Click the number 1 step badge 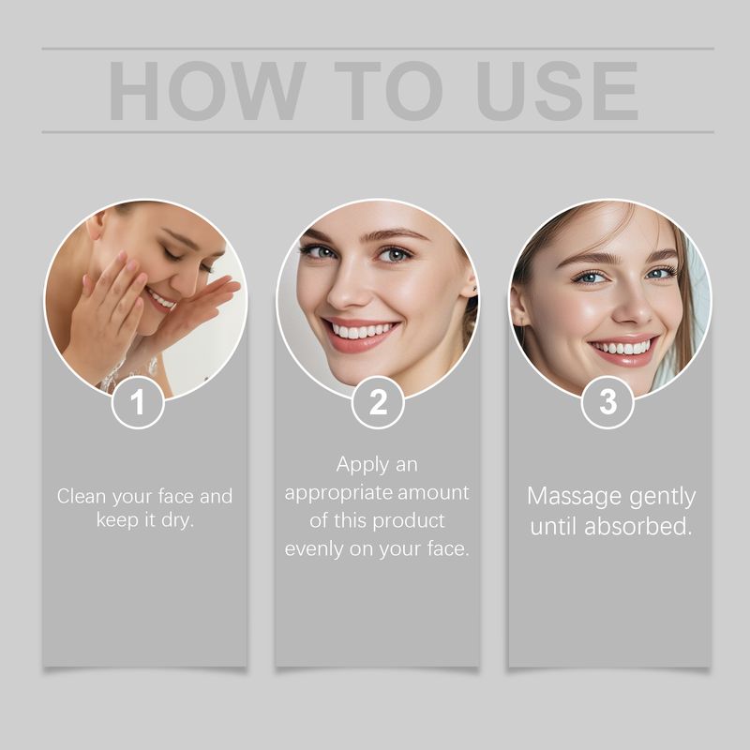point(139,403)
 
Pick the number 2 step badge point(378,403)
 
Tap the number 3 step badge point(608,403)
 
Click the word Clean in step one point(82,496)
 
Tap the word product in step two point(411,520)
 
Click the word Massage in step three point(571,496)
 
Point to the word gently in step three point(658,496)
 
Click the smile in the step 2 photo point(362,330)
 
